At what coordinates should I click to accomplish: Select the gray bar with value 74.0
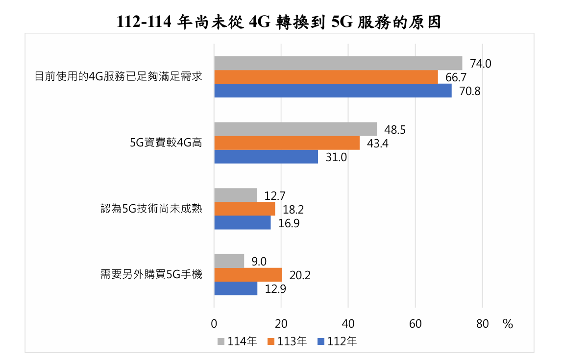pos(338,63)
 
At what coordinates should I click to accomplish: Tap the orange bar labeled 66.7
pos(326,77)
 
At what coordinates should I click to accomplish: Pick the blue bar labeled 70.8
pos(333,91)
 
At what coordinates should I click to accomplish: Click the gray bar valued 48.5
pos(295,129)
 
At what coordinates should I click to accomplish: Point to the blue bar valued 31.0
pos(266,157)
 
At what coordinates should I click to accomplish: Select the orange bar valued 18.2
pos(245,209)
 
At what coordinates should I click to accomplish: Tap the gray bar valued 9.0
pos(229,261)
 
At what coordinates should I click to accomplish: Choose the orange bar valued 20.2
pos(248,275)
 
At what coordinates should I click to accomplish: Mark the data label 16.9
pos(289,223)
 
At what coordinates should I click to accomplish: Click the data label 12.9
pos(275,289)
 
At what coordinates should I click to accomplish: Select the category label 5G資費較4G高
pos(166,143)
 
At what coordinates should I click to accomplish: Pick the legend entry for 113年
pos(287,341)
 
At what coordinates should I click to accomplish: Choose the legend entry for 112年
pos(337,341)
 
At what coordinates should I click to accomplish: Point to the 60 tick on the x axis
pos(415,324)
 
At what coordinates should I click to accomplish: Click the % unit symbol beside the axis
pos(507,324)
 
